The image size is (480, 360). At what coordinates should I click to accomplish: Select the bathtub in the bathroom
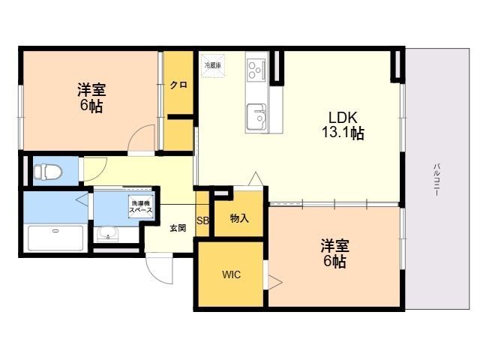(x=56, y=238)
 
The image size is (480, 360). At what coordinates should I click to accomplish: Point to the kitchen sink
(x=257, y=115)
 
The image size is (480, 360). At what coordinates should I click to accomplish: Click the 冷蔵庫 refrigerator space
(x=212, y=65)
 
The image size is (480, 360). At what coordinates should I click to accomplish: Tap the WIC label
(x=230, y=274)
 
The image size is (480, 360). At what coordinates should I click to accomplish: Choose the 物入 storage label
(x=239, y=219)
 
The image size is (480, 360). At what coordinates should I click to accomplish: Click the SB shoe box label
(x=202, y=220)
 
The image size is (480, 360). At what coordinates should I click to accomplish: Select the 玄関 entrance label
(x=177, y=228)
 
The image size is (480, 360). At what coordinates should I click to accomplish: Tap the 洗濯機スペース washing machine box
(x=142, y=206)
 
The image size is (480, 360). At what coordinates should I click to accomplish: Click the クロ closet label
(x=178, y=85)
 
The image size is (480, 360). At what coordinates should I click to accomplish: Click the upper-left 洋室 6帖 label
(x=90, y=98)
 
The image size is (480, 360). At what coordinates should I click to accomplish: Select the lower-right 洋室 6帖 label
(x=334, y=253)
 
